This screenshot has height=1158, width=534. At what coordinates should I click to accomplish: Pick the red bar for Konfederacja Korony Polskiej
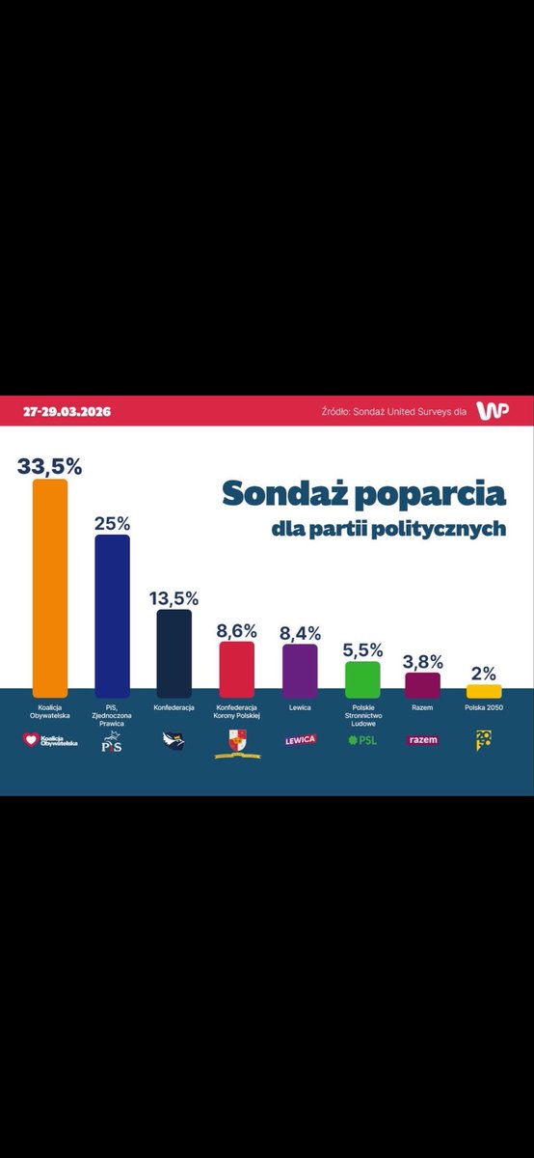coord(237,669)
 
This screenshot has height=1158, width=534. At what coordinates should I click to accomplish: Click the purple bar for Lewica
coord(299,670)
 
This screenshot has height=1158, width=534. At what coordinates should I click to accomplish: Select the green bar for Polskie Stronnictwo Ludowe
coord(362,678)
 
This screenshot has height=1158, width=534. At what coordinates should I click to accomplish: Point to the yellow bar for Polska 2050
coord(484,691)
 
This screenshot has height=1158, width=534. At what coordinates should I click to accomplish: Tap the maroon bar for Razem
coord(422,684)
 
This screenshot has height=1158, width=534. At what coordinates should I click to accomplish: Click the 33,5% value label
coord(50,465)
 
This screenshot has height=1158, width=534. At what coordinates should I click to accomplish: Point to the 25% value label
coord(112,523)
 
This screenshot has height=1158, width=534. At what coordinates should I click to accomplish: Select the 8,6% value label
coord(237,630)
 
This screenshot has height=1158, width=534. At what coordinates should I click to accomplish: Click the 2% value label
coord(484,673)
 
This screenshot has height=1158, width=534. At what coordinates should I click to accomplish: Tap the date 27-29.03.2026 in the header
coord(67,411)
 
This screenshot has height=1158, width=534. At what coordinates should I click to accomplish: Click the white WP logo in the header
coord(493,411)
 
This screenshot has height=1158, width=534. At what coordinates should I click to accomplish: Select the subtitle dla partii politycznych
coord(387,530)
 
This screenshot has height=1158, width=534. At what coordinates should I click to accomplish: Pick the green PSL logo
coord(362,740)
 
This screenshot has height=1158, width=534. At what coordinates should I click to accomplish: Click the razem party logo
coord(422,740)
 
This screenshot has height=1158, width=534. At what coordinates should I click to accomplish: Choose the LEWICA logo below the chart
coord(299,740)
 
